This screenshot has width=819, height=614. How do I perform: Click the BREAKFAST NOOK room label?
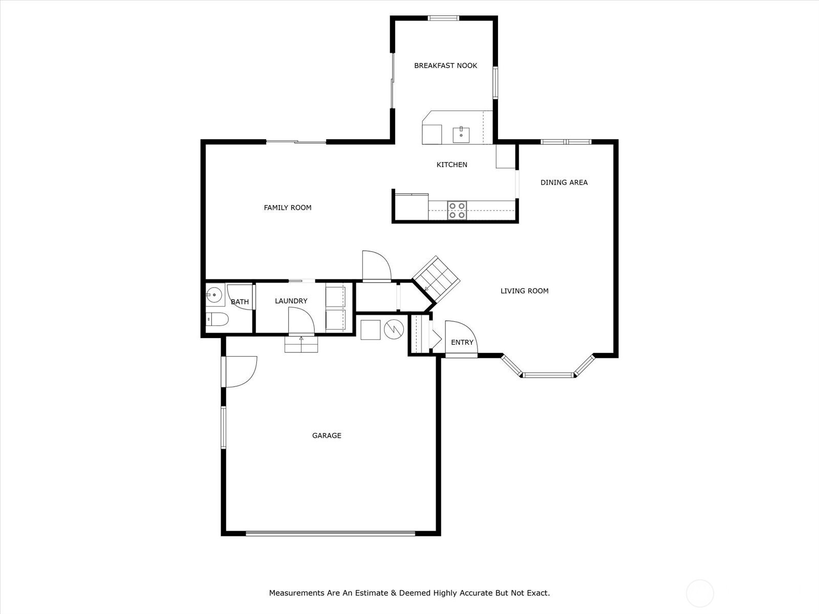pyautogui.click(x=445, y=65)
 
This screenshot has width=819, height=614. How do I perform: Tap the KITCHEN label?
pyautogui.click(x=452, y=165)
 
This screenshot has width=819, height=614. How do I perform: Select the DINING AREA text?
pyautogui.click(x=564, y=182)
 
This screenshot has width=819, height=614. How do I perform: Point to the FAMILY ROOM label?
pyautogui.click(x=287, y=208)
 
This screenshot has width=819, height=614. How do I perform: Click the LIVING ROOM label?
pyautogui.click(x=524, y=291)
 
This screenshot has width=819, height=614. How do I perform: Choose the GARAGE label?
pyautogui.click(x=327, y=435)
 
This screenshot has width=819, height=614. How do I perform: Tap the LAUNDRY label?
pyautogui.click(x=291, y=301)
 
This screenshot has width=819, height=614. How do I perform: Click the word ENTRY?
pyautogui.click(x=462, y=342)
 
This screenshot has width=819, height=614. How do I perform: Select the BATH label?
pyautogui.click(x=240, y=301)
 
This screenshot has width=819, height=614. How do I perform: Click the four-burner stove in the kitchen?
pyautogui.click(x=457, y=210)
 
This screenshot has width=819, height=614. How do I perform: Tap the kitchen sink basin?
pyautogui.click(x=461, y=135)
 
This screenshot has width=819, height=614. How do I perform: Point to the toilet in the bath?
pyautogui.click(x=217, y=319)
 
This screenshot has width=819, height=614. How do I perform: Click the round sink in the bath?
pyautogui.click(x=214, y=295)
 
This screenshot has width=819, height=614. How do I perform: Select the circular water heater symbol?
pyautogui.click(x=394, y=330)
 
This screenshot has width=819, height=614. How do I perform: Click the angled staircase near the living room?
pyautogui.click(x=436, y=279)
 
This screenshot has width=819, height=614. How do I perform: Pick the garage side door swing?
pyautogui.click(x=239, y=371)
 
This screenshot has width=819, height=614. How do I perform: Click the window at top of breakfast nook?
pyautogui.click(x=443, y=18)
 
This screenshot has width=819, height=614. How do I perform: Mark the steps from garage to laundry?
pyautogui.click(x=301, y=344)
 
